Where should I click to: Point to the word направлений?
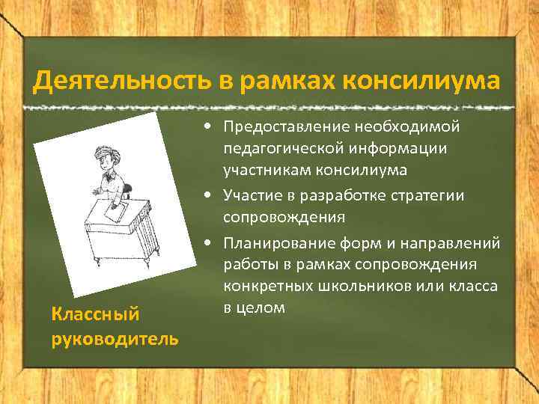pos(460,243)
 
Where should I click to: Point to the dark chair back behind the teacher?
pos(129,191)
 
